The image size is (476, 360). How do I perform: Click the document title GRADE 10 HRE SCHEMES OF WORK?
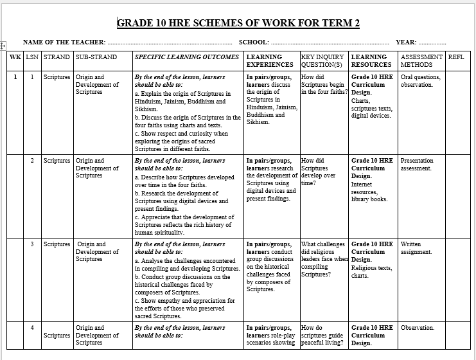coord(238,24)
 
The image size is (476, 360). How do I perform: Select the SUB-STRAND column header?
coord(96,57)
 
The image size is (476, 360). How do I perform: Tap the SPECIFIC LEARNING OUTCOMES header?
coord(187,57)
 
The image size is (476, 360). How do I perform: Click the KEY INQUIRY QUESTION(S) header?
coord(324,60)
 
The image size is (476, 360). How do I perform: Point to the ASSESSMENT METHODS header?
coord(422,60)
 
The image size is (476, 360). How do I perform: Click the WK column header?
coord(15,57)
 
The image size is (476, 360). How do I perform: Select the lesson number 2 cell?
coord(32,161)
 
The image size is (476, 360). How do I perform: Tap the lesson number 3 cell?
coord(32,244)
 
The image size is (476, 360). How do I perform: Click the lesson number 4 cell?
coord(32,328)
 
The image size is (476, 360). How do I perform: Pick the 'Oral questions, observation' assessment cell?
coord(421,80)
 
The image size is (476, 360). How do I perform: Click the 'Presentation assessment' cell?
coord(417,165)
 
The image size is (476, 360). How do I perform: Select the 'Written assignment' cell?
coord(416,248)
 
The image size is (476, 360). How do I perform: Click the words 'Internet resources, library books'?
coord(369,192)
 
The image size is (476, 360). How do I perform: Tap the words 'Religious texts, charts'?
coord(371,272)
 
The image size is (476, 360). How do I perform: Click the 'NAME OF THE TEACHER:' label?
coord(64,42)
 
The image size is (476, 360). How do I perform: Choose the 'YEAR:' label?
coord(405,42)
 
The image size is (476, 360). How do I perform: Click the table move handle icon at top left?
coord(3,46)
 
